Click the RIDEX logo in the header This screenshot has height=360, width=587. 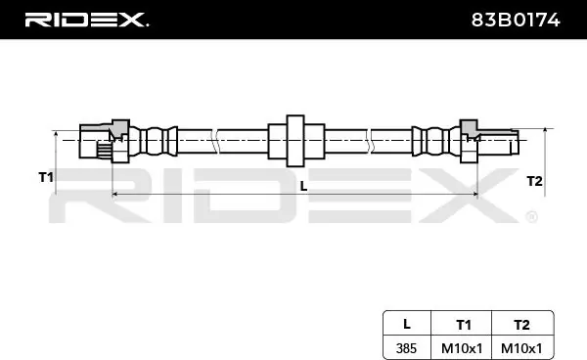click(86, 20)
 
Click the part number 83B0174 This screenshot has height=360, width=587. click(516, 20)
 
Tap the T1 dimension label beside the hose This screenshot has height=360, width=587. click(46, 177)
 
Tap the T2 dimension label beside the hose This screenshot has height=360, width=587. click(534, 181)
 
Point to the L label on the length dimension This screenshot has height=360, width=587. click(303, 186)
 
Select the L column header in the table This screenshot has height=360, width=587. click(407, 324)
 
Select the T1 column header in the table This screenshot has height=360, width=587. click(464, 325)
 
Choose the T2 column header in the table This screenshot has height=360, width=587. click(521, 325)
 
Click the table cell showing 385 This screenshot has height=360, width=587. click(406, 348)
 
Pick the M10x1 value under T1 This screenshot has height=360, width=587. click(462, 348)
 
